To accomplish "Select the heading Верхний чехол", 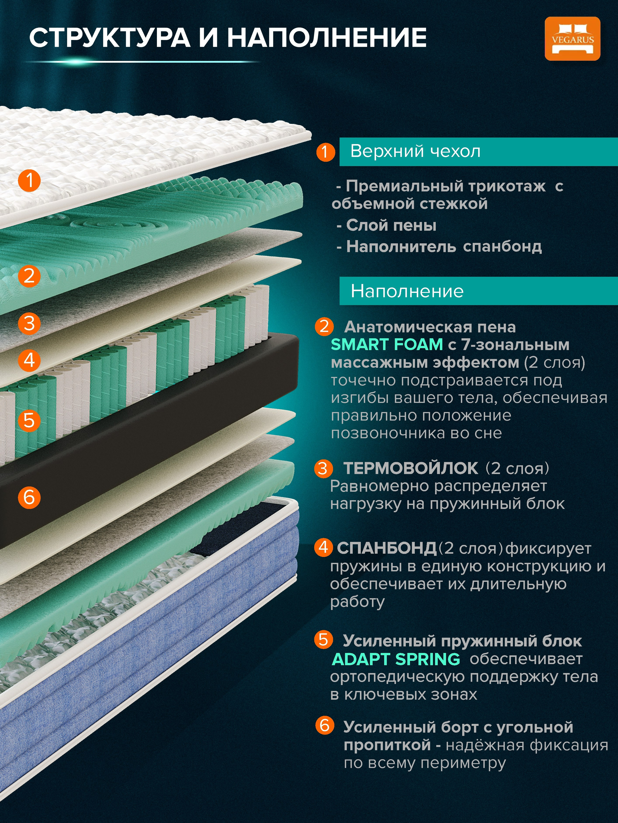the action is [x=415, y=151].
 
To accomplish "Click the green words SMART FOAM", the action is [x=387, y=344].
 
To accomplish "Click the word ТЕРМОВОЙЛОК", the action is [x=410, y=468].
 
